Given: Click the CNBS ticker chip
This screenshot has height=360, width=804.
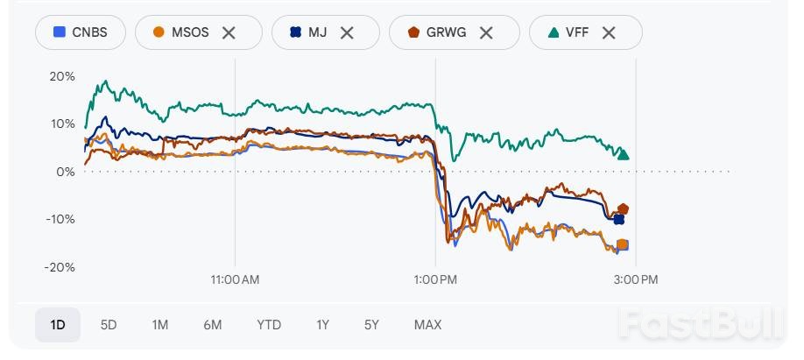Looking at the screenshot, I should click(x=81, y=32).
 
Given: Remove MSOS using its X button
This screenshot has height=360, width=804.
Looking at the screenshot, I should click(x=229, y=32).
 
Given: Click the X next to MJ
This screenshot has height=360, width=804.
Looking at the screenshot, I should click(x=347, y=32).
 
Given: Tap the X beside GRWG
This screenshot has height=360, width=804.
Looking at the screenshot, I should click(x=486, y=32).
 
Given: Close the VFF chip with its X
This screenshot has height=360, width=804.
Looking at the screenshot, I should click(x=609, y=32).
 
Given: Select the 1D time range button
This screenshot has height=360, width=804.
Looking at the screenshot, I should click(x=58, y=325).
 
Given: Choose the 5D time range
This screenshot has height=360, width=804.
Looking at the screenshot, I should click(x=109, y=325).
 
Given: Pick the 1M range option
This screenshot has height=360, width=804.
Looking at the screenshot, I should click(x=159, y=325).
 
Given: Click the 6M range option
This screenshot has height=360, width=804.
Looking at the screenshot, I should click(x=213, y=325).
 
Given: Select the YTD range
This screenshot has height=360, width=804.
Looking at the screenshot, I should click(x=269, y=325).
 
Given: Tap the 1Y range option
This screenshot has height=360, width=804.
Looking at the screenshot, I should click(x=322, y=325).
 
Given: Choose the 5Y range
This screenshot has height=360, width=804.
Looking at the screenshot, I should click(x=371, y=325).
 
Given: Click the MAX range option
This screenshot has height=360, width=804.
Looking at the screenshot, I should click(x=427, y=325).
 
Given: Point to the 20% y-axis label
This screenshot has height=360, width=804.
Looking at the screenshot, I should click(x=62, y=76).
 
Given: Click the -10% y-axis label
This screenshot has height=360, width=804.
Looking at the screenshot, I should click(x=60, y=219).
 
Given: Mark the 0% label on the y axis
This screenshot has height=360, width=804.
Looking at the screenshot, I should click(x=66, y=172).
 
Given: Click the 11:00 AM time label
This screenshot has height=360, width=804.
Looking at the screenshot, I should click(x=236, y=279).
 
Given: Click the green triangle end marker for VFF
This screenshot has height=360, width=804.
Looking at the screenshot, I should click(x=624, y=154).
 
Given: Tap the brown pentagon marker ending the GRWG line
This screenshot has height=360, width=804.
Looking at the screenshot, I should click(x=623, y=209).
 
